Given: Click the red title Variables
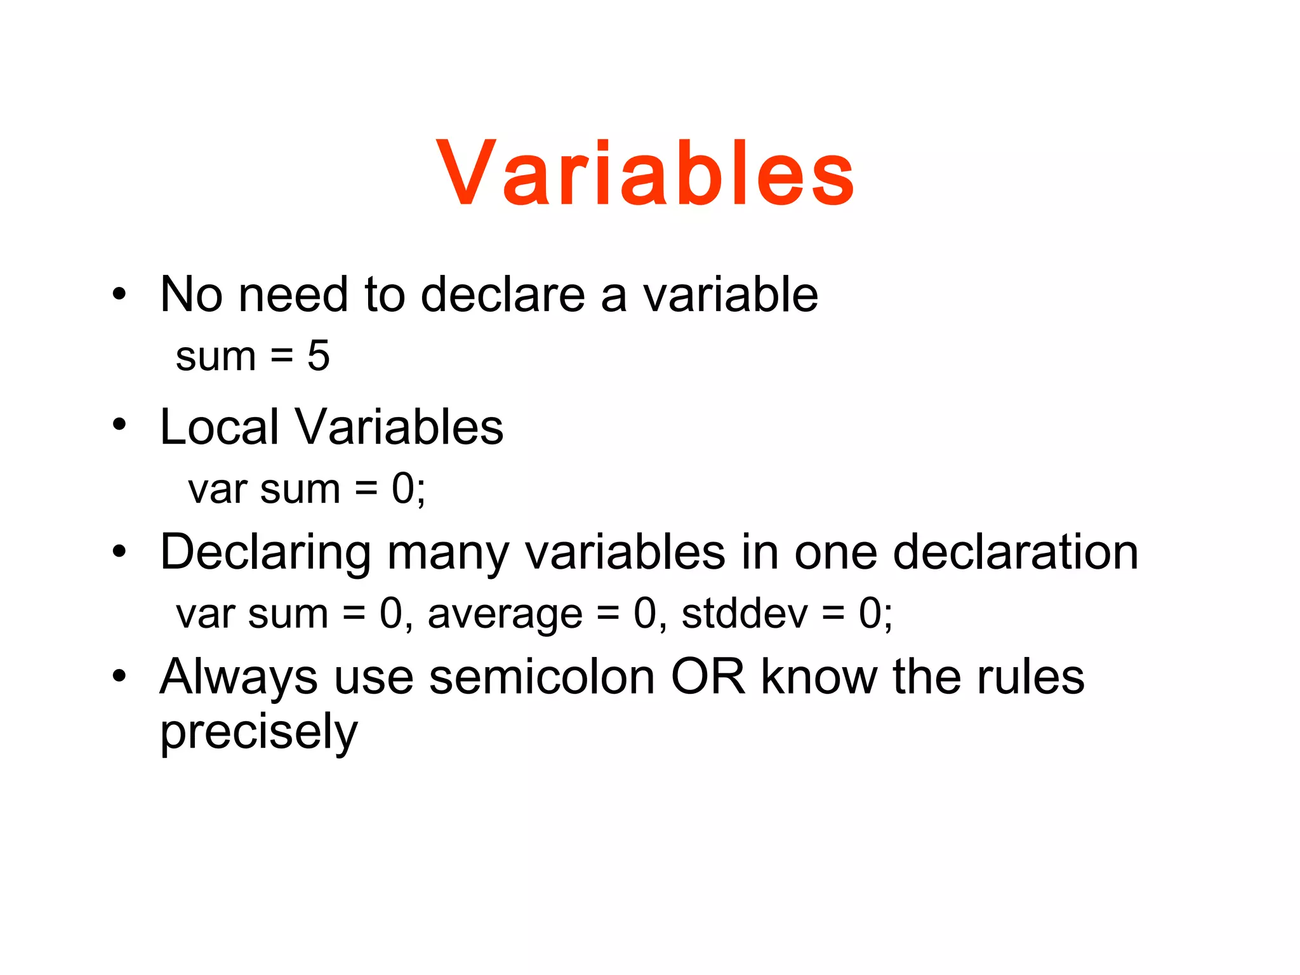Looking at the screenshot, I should [646, 173].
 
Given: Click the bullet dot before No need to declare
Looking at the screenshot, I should [119, 294].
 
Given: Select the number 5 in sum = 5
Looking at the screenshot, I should [319, 355].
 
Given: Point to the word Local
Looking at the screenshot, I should [220, 427].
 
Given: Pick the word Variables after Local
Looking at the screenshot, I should [399, 427].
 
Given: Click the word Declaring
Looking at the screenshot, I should [265, 553].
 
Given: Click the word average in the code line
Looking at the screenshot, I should [505, 614].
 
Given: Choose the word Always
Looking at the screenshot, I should [239, 678].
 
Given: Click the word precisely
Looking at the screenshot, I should [259, 732].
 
